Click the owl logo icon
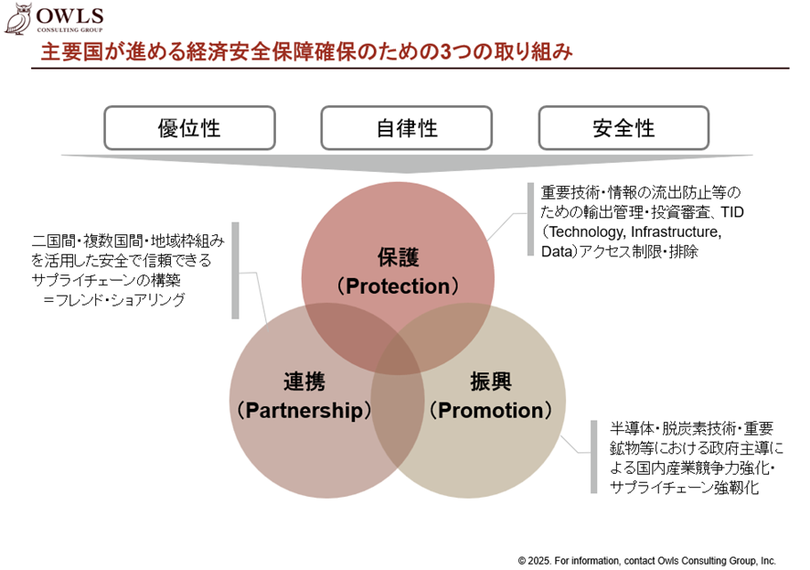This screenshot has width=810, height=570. click(18, 18)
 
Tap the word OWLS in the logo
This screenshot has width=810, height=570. click(69, 16)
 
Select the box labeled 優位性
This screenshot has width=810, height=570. click(189, 128)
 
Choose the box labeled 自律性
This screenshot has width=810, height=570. click(407, 128)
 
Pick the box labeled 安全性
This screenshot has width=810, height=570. click(623, 128)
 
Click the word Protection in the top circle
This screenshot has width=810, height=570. click(398, 286)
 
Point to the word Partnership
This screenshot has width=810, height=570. click(304, 411)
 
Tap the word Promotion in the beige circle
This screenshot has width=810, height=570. click(491, 411)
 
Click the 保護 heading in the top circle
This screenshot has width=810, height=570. click(398, 257)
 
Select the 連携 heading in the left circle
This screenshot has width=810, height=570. click(304, 382)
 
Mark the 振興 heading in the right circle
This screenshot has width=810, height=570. click(491, 382)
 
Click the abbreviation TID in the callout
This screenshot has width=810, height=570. click(732, 212)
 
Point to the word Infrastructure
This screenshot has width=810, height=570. click(676, 232)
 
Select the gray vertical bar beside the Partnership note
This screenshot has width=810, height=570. click(236, 271)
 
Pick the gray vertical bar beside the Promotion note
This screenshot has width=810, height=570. click(594, 457)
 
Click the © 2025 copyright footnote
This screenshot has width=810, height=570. click(646, 561)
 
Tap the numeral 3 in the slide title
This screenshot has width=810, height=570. click(445, 51)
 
